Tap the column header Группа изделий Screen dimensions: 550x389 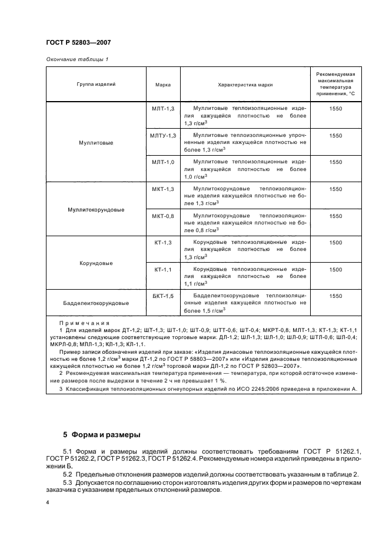[96, 85]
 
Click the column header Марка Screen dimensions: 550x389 [163, 85]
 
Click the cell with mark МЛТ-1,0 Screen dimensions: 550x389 [163, 162]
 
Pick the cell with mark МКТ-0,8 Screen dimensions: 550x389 [163, 216]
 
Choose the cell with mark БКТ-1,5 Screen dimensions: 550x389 [163, 296]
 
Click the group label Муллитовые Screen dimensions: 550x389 [96, 143]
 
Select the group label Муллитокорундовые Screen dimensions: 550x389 [96, 210]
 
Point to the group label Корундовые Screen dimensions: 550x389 [96, 263]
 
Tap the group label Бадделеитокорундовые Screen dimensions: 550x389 [96, 304]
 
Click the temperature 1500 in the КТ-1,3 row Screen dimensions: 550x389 [335, 242]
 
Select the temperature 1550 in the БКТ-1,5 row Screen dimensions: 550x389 [335, 296]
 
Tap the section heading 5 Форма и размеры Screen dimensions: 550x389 [101, 435]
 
